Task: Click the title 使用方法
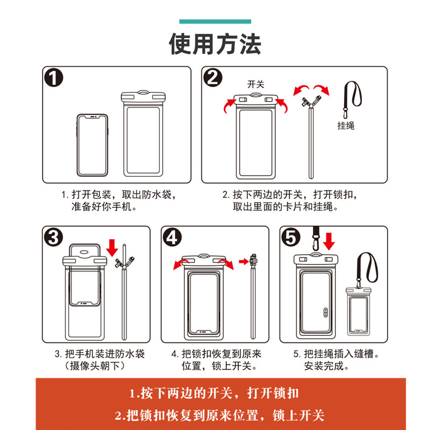215,44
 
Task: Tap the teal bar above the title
215,21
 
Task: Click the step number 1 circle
54,78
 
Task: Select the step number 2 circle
213,78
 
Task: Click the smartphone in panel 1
92,144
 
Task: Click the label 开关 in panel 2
256,84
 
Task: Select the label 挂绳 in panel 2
346,126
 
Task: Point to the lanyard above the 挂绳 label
352,99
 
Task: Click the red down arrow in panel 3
112,248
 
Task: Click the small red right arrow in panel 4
243,262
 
